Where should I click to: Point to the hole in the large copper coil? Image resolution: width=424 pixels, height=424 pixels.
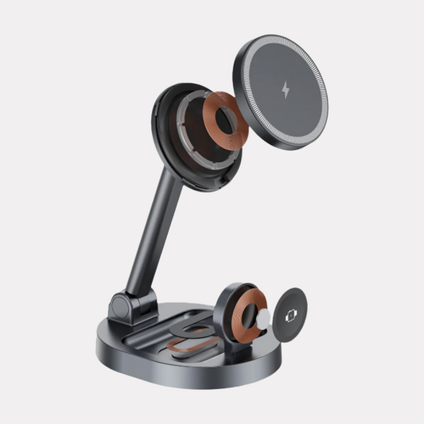point(224,119)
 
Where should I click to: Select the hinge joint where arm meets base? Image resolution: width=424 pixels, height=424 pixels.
point(124,310)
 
